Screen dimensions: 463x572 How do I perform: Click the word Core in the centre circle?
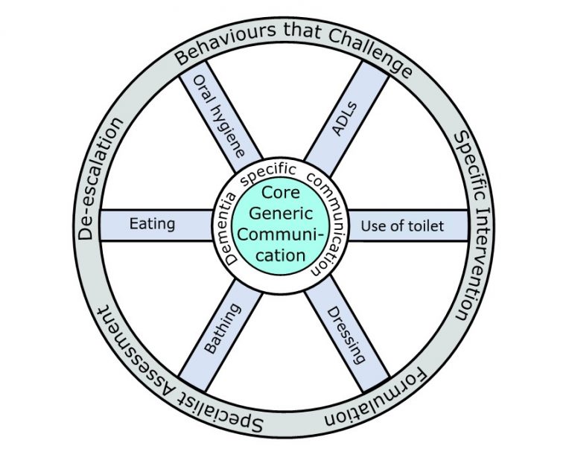(x=280, y=193)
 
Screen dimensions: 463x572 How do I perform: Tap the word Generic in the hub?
(x=280, y=213)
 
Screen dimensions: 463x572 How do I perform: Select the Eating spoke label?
(x=152, y=223)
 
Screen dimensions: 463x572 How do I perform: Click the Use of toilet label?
(x=402, y=225)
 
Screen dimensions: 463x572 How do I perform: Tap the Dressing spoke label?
(x=347, y=333)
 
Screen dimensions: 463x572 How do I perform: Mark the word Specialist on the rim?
(x=224, y=417)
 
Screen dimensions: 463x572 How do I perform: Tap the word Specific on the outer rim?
(x=466, y=160)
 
